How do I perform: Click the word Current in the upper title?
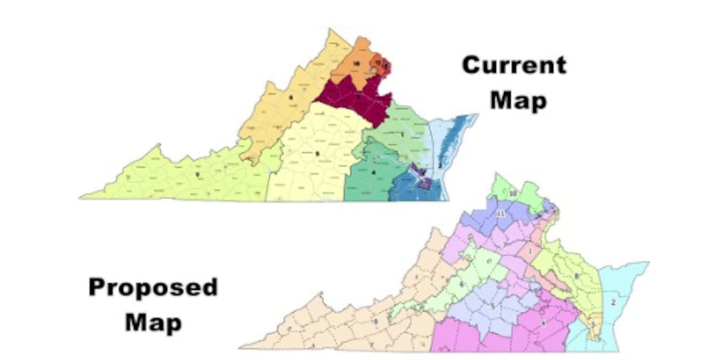[514, 65]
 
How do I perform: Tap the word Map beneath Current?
[518, 101]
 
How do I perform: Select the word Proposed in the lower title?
[153, 288]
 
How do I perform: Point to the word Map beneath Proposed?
[153, 322]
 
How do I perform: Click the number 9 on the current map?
[197, 175]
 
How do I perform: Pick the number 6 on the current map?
[290, 97]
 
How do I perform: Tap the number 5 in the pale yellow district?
[317, 153]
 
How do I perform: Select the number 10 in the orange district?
[357, 64]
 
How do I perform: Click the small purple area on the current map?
[424, 182]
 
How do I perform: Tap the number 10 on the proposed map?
[513, 193]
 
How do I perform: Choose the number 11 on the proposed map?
[502, 214]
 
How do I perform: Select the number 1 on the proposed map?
[531, 252]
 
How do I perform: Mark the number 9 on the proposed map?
[376, 321]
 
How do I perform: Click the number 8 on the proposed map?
[576, 276]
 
